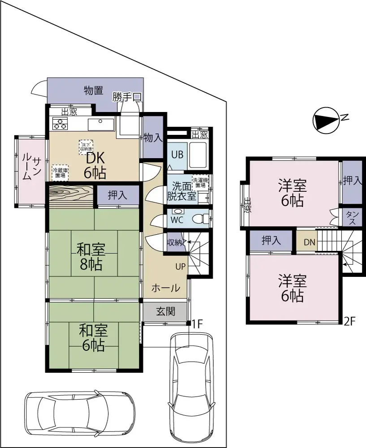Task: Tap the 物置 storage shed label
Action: click(94, 90)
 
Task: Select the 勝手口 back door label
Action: click(127, 96)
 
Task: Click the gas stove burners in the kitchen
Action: click(60, 123)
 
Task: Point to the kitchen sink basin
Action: click(101, 124)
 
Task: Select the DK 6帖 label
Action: click(95, 164)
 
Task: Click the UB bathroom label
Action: click(177, 155)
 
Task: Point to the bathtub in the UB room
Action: click(197, 155)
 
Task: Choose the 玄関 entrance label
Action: click(165, 311)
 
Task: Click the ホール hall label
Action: click(165, 288)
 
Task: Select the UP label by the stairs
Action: click(180, 267)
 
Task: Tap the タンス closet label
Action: click(352, 217)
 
